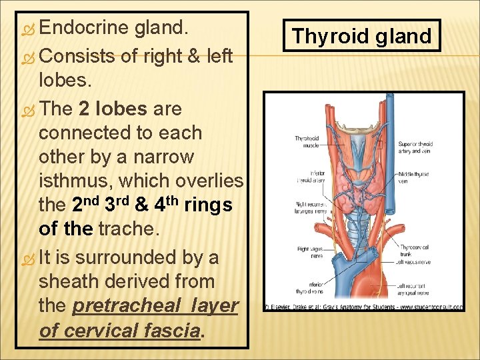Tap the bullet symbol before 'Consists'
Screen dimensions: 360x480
[26, 56]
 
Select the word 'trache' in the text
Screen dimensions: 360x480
[130, 229]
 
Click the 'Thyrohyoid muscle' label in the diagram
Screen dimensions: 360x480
[307, 141]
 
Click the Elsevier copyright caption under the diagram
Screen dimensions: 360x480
[363, 307]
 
